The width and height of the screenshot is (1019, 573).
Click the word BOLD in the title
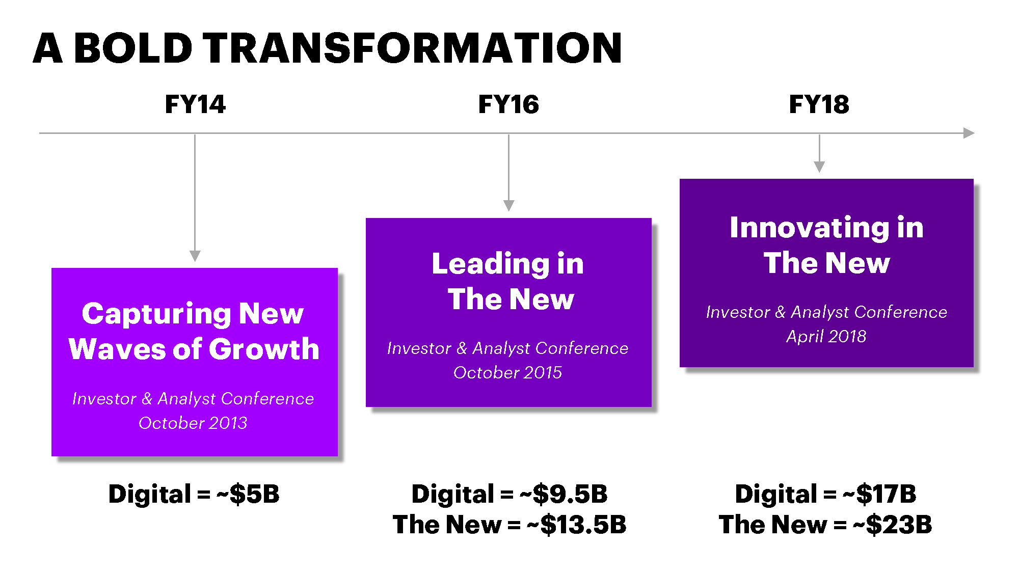133,48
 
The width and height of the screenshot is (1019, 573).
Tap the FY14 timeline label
195,104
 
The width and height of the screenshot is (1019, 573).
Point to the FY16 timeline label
508,104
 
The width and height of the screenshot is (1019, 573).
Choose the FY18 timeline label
819,104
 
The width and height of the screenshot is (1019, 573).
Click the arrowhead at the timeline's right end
969,133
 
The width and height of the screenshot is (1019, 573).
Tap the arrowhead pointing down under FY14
195,256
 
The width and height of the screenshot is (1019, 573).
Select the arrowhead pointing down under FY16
508,205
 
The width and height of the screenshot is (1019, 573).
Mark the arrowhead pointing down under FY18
819,167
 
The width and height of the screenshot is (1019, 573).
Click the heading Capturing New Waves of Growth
194,331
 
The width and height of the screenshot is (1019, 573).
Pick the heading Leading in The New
508,281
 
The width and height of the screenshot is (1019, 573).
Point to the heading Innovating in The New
826,245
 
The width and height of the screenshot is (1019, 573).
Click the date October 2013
193,423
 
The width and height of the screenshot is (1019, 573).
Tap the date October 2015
508,372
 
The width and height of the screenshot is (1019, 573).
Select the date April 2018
826,336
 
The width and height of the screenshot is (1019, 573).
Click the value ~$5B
248,494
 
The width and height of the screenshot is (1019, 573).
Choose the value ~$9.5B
564,494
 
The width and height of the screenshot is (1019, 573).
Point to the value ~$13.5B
577,525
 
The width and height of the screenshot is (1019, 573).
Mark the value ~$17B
880,494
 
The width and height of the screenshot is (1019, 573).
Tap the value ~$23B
893,525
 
